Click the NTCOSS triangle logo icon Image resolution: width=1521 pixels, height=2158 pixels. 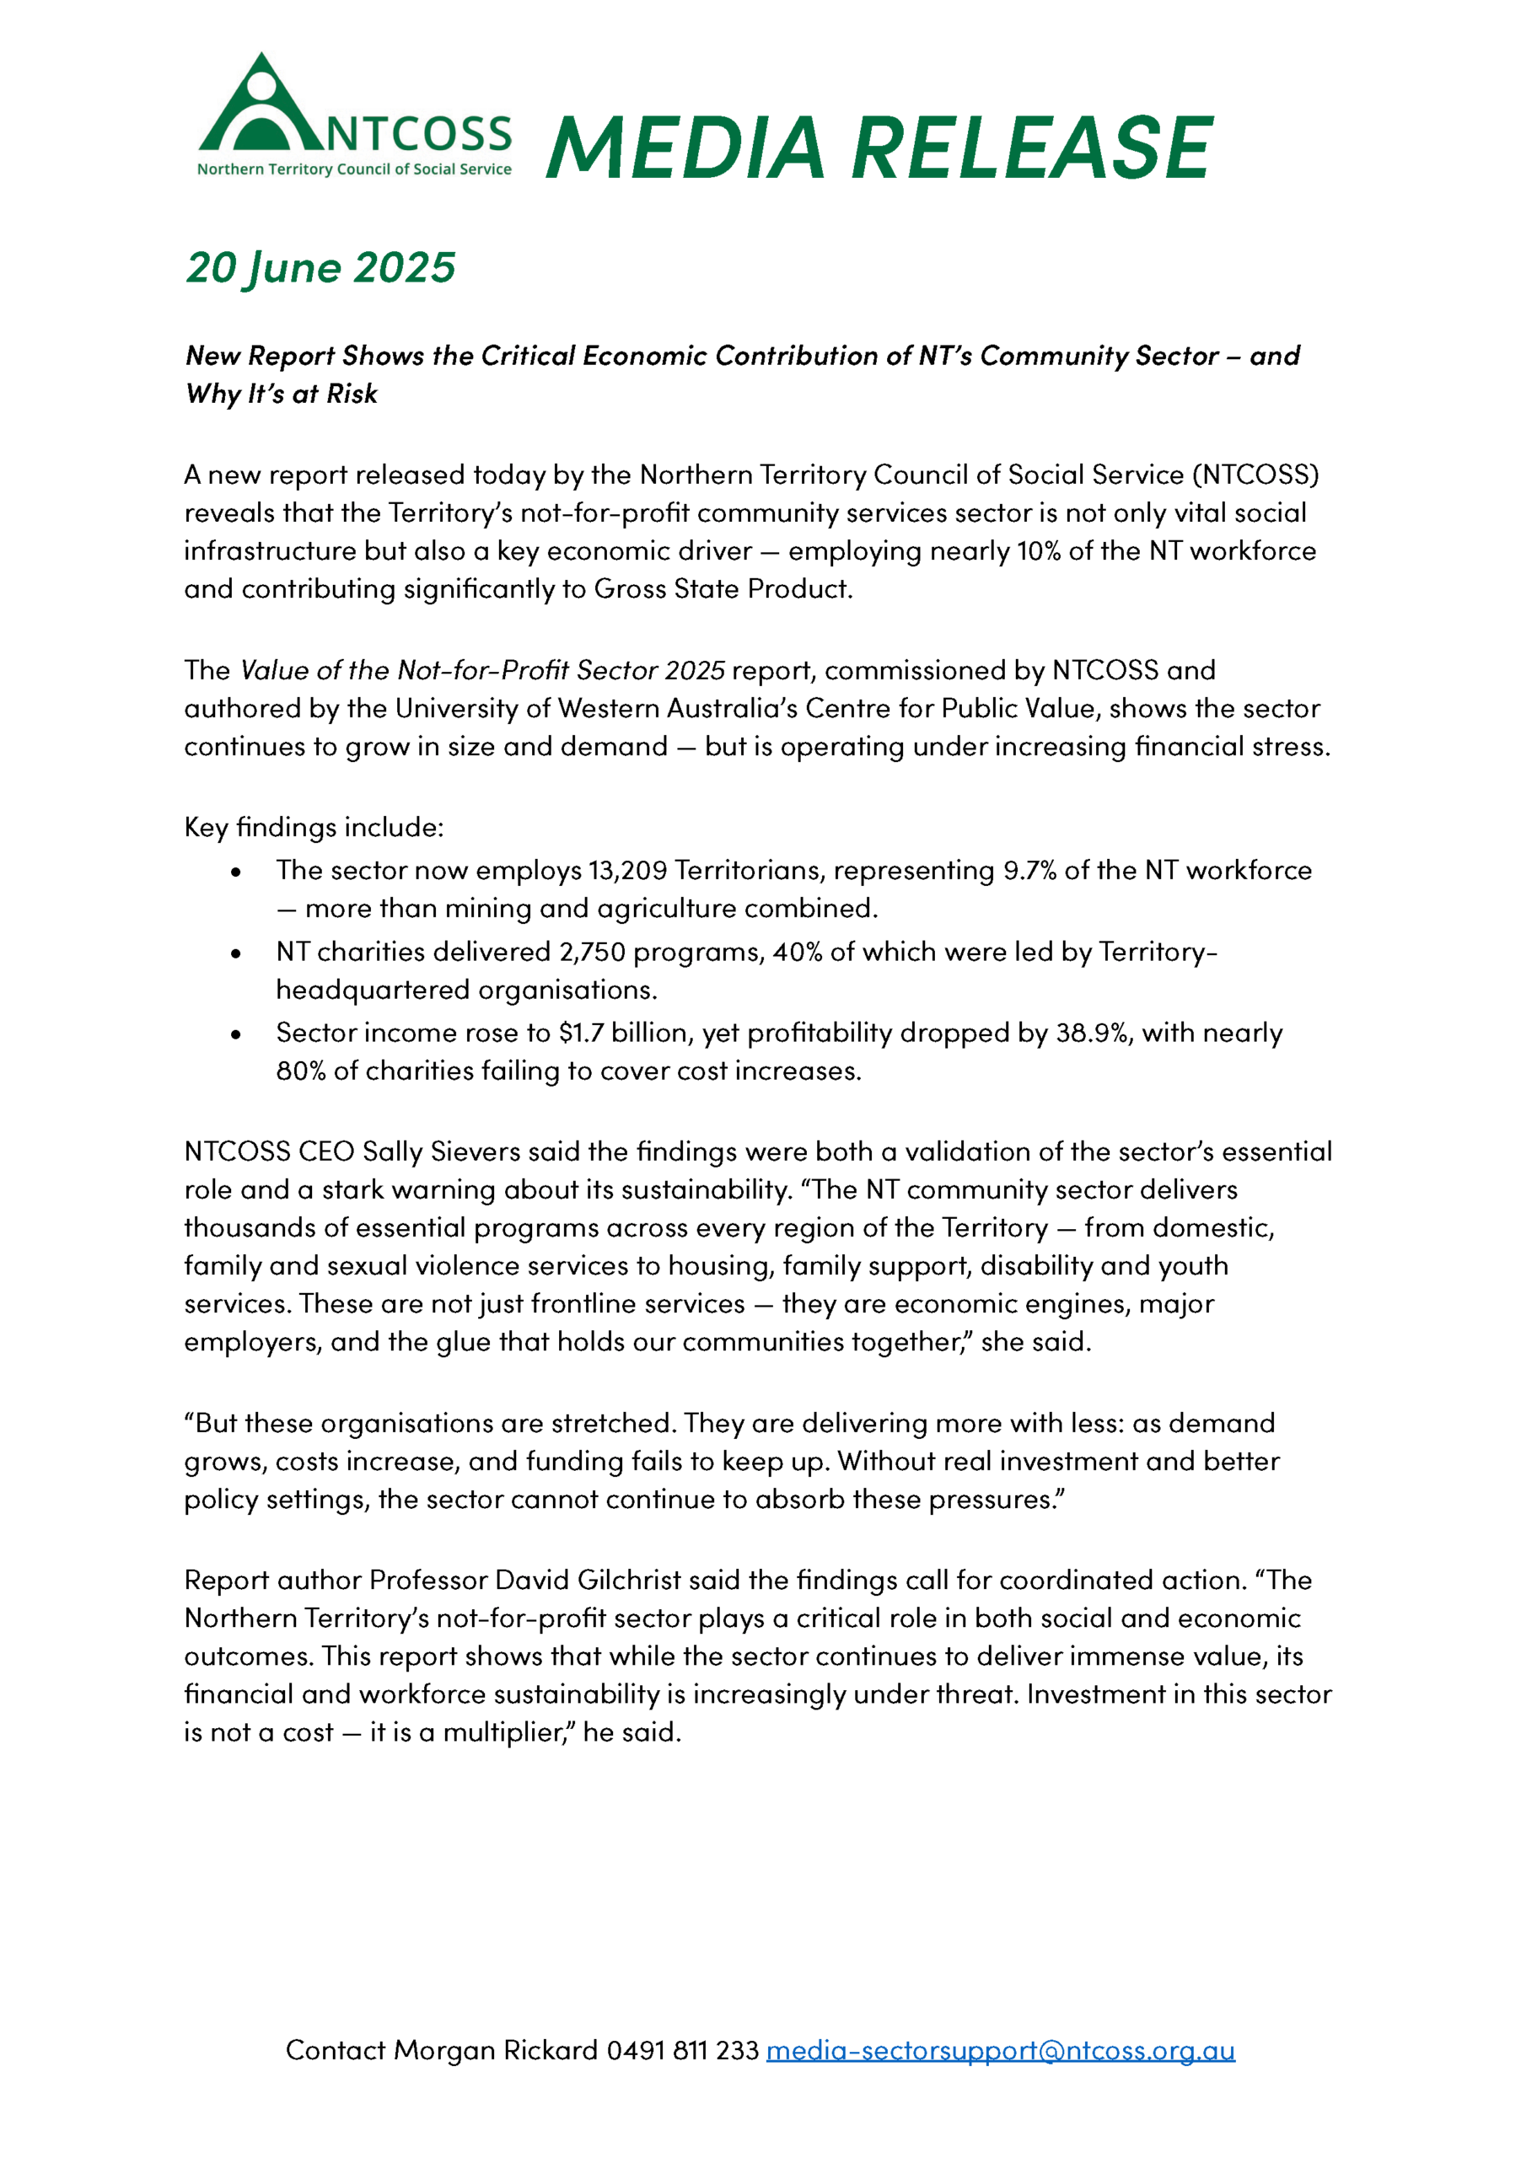pos(261,105)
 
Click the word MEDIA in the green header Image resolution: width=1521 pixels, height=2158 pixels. pos(685,148)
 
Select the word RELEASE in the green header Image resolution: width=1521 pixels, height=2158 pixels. pos(1031,148)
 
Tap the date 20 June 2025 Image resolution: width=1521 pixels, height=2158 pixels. pos(320,268)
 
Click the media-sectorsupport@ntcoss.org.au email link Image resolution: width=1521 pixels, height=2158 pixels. pos(1000,2050)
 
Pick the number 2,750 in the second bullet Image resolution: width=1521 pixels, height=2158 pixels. pos(591,952)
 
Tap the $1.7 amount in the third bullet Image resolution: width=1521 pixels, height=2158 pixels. pos(580,1033)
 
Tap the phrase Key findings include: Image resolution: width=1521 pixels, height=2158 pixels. pos(314,827)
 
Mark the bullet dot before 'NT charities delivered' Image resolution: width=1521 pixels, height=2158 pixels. pos(236,954)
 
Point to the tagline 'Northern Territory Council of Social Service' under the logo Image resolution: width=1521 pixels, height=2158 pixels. pos(354,169)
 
